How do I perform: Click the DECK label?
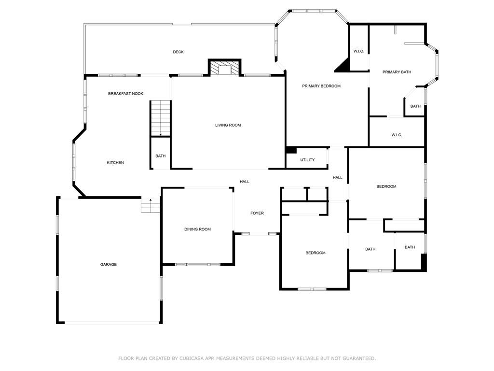click(x=178, y=52)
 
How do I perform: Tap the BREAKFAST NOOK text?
click(x=126, y=94)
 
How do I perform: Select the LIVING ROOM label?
click(x=228, y=125)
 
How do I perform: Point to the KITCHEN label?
click(x=115, y=163)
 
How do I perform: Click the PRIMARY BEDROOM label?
click(x=321, y=86)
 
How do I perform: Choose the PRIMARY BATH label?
click(x=397, y=72)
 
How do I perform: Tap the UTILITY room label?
click(x=307, y=160)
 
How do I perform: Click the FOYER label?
click(x=257, y=213)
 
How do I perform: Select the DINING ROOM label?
click(x=197, y=229)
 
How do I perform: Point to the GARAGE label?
click(x=109, y=265)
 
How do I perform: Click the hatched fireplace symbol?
click(x=225, y=68)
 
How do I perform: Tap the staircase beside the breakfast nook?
click(x=160, y=118)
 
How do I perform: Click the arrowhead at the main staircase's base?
click(x=161, y=135)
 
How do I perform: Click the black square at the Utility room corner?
click(x=291, y=150)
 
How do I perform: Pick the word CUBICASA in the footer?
click(x=192, y=358)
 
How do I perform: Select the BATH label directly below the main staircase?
click(x=161, y=156)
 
